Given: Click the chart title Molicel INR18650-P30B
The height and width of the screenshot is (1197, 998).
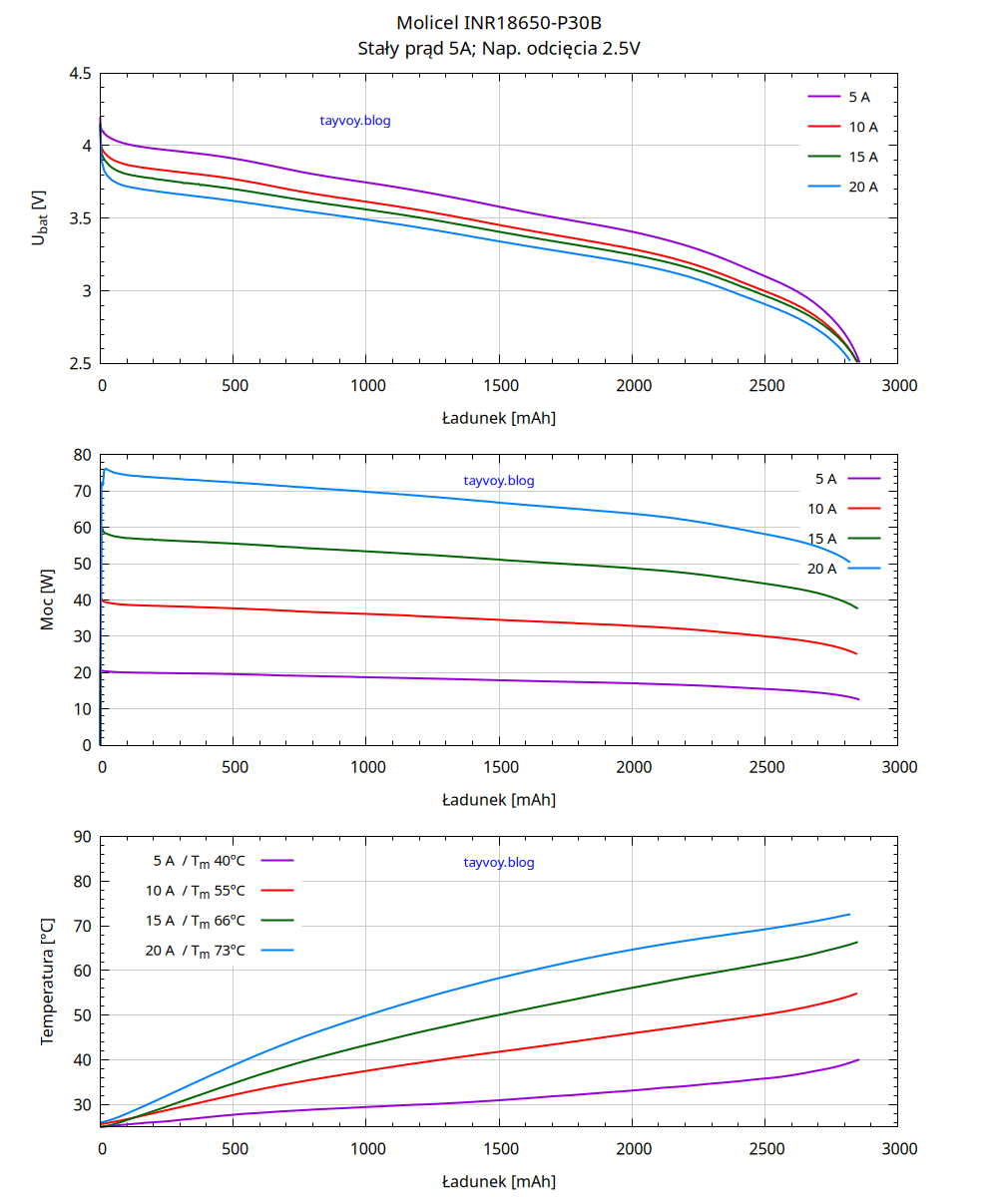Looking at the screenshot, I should pos(499,23).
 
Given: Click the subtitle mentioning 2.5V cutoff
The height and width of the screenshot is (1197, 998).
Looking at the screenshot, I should pos(499,47).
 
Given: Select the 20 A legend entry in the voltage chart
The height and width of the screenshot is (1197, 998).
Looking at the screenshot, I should pos(842,188).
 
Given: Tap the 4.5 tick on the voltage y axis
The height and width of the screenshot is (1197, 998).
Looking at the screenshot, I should pos(81,74).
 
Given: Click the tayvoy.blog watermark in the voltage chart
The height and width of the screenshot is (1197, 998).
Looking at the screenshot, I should pos(354,121).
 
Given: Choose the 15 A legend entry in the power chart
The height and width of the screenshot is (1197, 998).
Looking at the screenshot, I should pos(844,539).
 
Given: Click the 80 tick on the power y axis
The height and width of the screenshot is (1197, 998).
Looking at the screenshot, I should pos(83,455).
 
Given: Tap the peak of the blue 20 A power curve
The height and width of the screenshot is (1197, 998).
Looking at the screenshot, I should pos(105,469).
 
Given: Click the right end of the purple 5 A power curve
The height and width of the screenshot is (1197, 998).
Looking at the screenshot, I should pos(857,699).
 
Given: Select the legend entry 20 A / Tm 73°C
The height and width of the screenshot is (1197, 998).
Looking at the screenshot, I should pos(220,951).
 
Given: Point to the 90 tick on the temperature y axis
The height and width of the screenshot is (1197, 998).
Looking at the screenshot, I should pos(83,837).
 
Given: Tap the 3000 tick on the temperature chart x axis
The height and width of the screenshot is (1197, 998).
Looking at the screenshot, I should pos(899,1149).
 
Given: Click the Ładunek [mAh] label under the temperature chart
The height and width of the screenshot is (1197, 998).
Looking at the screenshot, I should pos(499,1182).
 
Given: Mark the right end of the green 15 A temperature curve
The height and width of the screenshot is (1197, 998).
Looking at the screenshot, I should pos(856,943).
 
